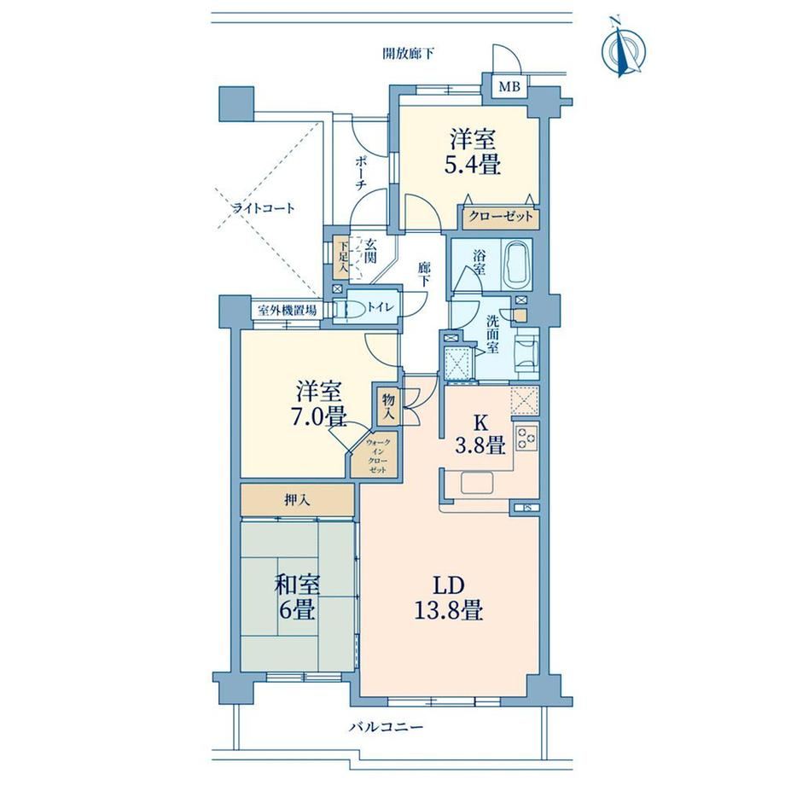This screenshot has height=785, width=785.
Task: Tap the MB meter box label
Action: tap(509, 87)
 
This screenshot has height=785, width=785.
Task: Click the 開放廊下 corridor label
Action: tap(408, 54)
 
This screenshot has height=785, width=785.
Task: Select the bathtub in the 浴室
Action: tap(518, 264)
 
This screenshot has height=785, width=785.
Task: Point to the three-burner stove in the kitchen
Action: tap(526, 438)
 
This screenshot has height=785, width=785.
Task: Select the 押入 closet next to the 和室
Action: tap(298, 500)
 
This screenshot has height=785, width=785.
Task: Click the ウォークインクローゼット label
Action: tap(377, 456)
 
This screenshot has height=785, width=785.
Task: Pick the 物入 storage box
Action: tap(388, 404)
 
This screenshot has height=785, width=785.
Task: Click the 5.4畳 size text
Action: tap(473, 164)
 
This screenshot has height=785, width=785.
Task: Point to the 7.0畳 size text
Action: tap(319, 416)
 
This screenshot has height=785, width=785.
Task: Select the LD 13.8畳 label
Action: tap(448, 597)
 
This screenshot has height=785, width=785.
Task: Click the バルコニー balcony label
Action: tap(386, 726)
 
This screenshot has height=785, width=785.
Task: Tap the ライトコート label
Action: tap(264, 208)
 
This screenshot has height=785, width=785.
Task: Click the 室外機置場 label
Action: tap(287, 311)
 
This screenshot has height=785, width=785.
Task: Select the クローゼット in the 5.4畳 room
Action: tap(501, 218)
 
